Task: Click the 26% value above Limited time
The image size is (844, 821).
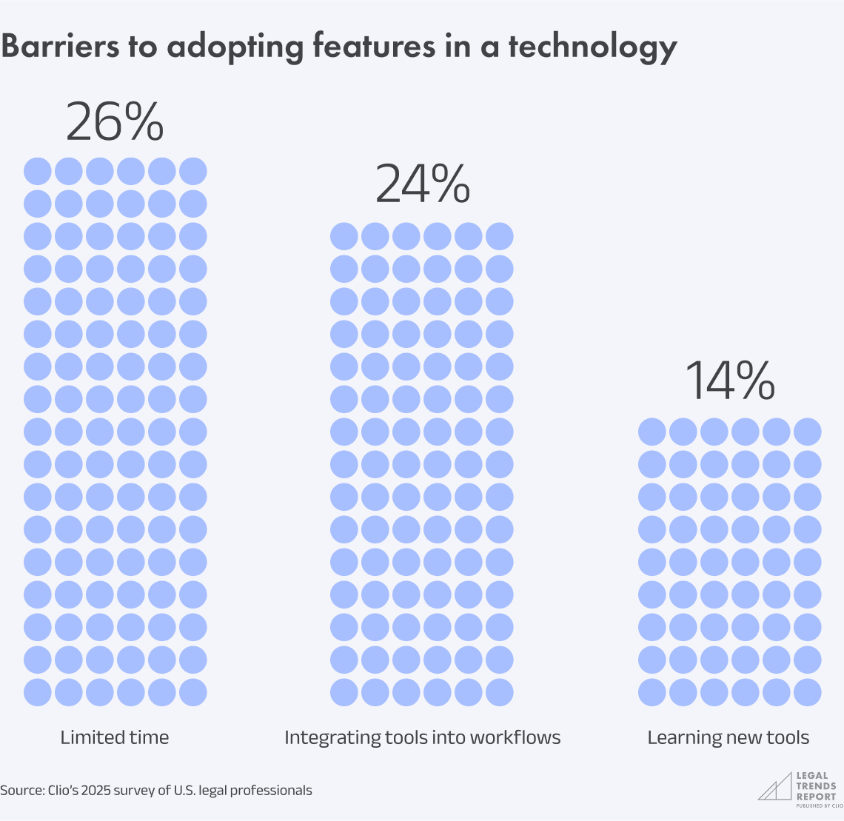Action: pyautogui.click(x=114, y=122)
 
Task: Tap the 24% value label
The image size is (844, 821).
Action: pyautogui.click(x=422, y=185)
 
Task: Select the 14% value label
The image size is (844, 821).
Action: pyautogui.click(x=729, y=382)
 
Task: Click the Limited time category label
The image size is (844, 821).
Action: pyautogui.click(x=114, y=737)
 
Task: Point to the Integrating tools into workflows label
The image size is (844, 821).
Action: pyautogui.click(x=422, y=737)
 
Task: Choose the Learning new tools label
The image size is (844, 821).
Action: pyautogui.click(x=728, y=737)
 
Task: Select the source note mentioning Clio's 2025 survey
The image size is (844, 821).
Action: pyautogui.click(x=155, y=791)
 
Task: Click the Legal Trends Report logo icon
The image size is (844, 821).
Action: pyautogui.click(x=774, y=787)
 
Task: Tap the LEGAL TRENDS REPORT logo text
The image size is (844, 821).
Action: pyautogui.click(x=816, y=786)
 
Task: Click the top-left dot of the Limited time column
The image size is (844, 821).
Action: pyautogui.click(x=38, y=171)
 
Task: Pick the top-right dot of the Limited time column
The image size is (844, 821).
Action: pyautogui.click(x=193, y=171)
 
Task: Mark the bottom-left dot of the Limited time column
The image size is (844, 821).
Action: pyautogui.click(x=38, y=692)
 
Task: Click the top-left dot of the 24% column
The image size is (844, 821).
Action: pyautogui.click(x=344, y=236)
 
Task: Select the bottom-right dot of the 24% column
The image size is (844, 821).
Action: pyautogui.click(x=500, y=692)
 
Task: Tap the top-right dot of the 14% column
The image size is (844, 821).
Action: pyautogui.click(x=808, y=432)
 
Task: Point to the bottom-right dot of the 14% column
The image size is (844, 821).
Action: pyautogui.click(x=808, y=692)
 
